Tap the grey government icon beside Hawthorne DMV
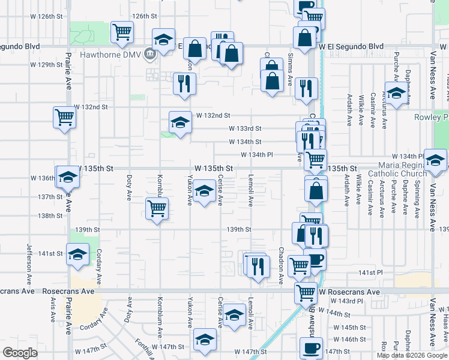coord(149,55)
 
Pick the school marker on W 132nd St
coord(179,122)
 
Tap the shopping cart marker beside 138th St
coord(157,209)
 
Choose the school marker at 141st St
coord(77,254)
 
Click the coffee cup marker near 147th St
coord(310,348)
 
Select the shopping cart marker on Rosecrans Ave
coord(306,293)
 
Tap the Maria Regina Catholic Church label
coord(402,169)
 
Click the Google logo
coord(20,353)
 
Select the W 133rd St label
coord(245,128)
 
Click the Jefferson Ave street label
coord(28,264)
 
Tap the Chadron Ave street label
coord(281,265)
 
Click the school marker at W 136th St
coord(68,177)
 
